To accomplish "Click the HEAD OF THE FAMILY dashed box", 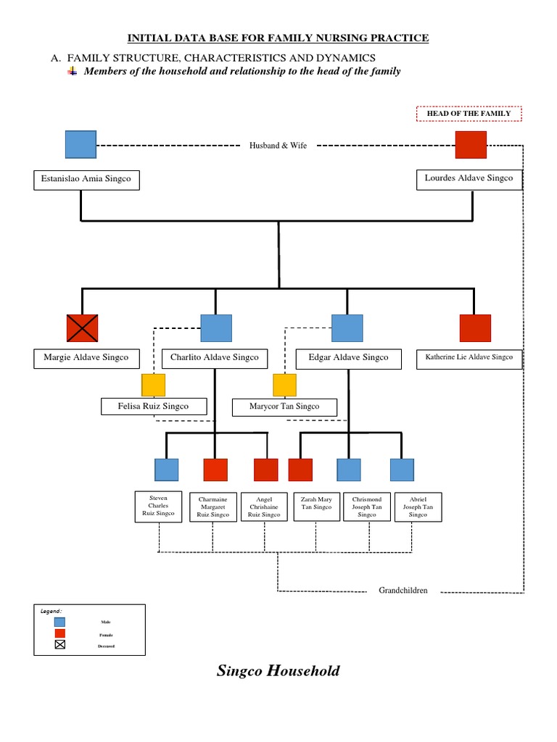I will click(469, 114).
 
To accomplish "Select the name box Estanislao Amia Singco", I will click(86, 180).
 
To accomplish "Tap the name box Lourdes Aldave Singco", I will click(469, 179).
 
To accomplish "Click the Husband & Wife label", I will click(278, 146).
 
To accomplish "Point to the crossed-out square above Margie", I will click(82, 328).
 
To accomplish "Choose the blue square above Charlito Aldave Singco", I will click(216, 328).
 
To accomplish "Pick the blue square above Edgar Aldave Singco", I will click(347, 328).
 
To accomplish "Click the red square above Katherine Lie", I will click(475, 328).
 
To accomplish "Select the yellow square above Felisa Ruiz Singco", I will click(153, 385).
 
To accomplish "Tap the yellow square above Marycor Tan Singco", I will click(285, 385).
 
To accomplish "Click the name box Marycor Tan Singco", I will click(285, 407).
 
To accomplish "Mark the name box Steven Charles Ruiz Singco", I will click(158, 507).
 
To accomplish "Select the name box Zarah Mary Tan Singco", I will click(316, 507).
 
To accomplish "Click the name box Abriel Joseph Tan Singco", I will click(418, 507).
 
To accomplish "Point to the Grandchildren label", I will click(403, 591).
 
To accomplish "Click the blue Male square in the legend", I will click(59, 622).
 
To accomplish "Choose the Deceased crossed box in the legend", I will click(59, 646).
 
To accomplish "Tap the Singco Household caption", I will click(278, 671).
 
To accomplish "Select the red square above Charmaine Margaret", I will click(215, 470).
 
